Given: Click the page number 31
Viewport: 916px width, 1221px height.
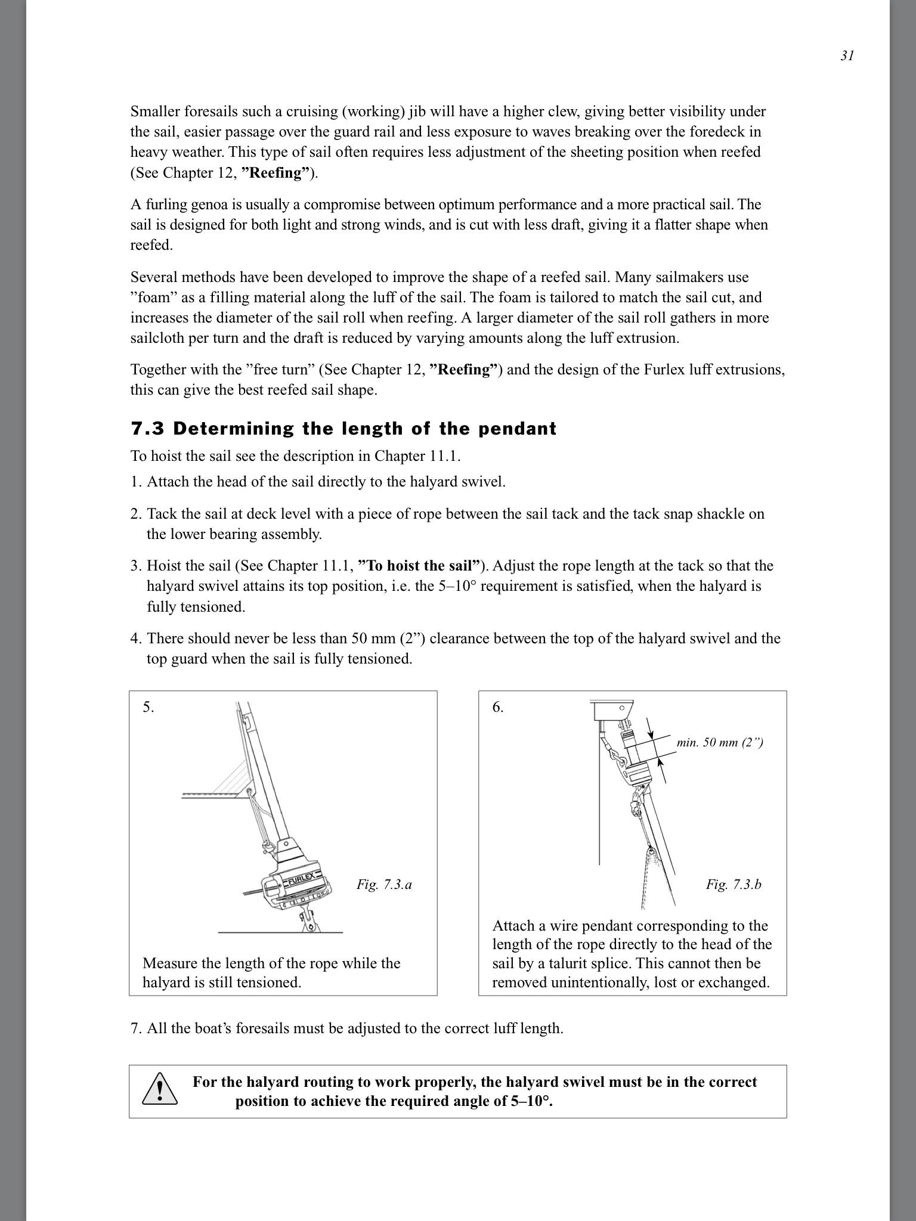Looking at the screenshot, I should point(847,55).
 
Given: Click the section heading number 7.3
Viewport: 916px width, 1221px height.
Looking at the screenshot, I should point(147,429).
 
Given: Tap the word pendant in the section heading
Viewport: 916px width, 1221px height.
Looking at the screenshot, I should point(521,429).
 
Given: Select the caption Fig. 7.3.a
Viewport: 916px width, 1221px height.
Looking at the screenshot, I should point(384,884).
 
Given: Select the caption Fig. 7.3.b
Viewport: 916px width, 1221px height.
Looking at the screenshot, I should point(734,884).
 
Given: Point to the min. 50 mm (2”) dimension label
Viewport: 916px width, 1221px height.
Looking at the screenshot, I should point(720,742).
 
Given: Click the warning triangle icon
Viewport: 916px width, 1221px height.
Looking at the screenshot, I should point(159,1090).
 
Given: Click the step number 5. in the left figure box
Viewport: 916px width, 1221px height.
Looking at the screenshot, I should point(148,707).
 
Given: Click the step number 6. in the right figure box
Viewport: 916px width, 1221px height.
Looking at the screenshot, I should point(498,707).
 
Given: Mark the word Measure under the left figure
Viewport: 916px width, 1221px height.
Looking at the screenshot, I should point(169,963).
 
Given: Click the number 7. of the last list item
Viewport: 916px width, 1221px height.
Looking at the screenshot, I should point(136,1028).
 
